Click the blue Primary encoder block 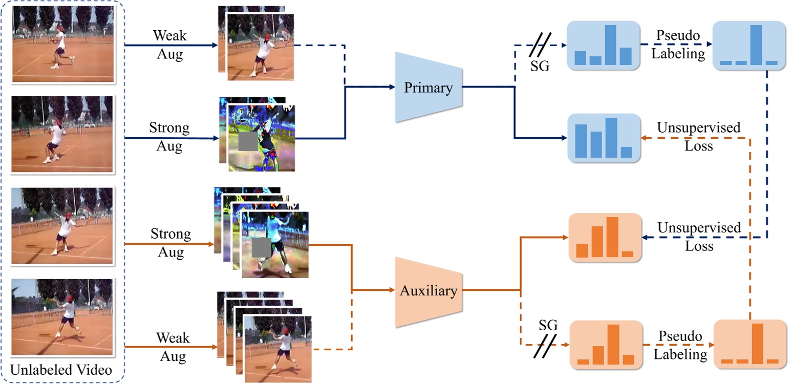428,88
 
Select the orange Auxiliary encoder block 428,291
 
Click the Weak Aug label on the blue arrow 170,45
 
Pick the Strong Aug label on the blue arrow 170,137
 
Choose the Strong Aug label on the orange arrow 170,243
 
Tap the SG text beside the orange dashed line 548,326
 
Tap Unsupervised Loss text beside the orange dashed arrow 699,137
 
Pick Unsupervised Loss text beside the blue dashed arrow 699,237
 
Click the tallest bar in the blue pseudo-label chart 757,45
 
